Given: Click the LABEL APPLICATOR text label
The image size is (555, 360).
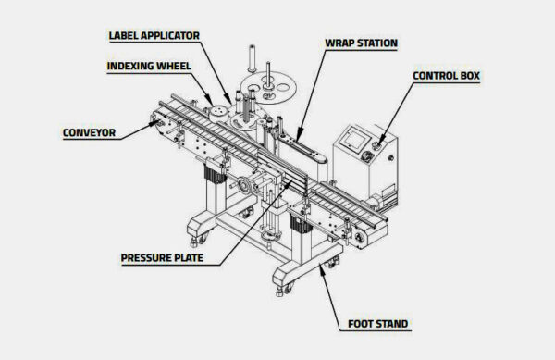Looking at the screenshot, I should click(x=154, y=37).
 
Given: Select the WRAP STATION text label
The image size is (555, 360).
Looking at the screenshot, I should click(x=361, y=43).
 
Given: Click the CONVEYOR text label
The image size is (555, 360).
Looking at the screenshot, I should click(x=89, y=132).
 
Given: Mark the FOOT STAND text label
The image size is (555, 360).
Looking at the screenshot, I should click(x=379, y=324).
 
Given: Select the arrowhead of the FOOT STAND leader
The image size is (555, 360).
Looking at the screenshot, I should click(x=321, y=266).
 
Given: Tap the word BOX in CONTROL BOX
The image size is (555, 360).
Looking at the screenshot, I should click(x=468, y=75).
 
